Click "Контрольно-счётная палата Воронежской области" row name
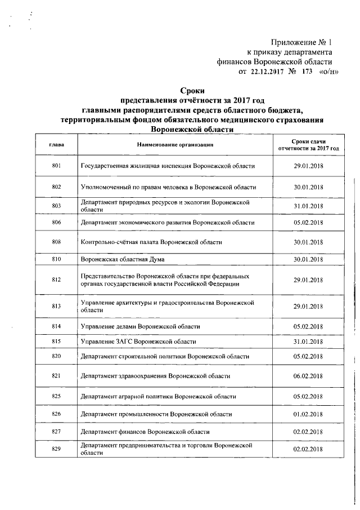(151, 242)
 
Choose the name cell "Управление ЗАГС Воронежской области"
(138, 342)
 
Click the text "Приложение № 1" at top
(301, 42)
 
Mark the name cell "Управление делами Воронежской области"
(140, 326)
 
